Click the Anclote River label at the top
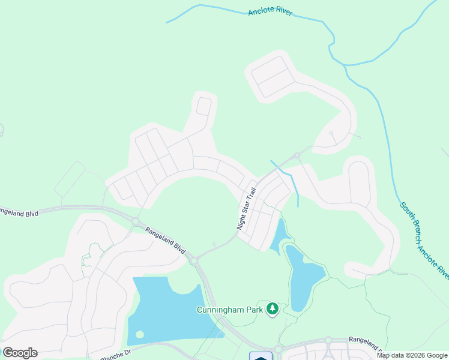(270, 12)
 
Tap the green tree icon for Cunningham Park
(273, 309)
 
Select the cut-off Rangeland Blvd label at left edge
(19, 211)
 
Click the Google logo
(20, 353)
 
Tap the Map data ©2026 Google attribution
(412, 355)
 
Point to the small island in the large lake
(140, 334)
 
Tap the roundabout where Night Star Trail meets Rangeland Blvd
(194, 261)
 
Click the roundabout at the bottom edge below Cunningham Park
(278, 349)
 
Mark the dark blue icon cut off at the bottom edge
(261, 356)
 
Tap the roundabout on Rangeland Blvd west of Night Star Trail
(136, 221)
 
